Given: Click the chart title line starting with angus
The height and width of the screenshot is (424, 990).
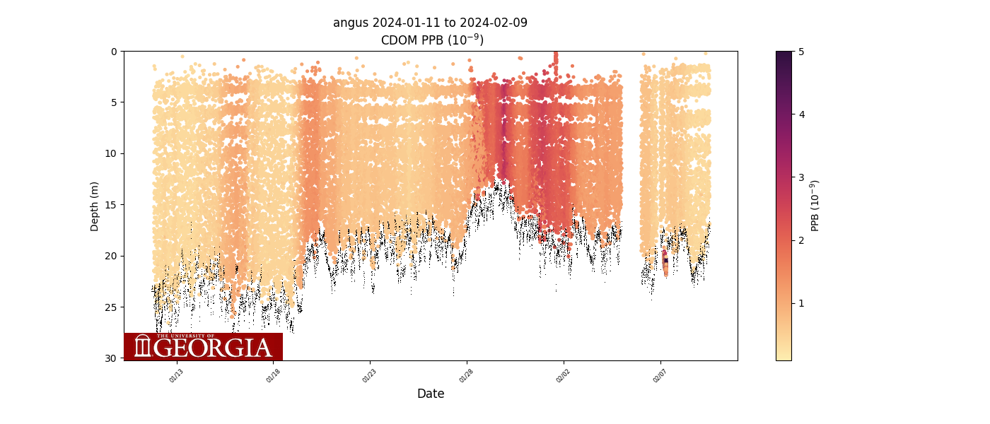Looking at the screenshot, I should point(430,23).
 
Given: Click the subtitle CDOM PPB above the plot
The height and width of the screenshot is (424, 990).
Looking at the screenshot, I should point(432,40).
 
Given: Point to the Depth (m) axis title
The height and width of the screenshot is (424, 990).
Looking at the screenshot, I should point(95,206).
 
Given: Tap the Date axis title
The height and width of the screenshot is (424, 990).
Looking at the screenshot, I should point(431,394).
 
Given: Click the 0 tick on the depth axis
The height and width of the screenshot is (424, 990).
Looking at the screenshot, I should point(114,52).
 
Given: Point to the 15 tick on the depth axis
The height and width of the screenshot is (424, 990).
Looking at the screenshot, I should point(112,205).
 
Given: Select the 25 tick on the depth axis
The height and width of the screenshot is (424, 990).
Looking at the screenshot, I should point(112,307).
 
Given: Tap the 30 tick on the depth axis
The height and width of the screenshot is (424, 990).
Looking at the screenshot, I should point(112,358).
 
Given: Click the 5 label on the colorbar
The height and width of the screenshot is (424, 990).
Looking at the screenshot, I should point(801,52).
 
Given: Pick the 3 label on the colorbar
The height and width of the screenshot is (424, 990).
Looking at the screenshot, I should point(801,177).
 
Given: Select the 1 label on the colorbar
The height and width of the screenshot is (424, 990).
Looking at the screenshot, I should point(801,302).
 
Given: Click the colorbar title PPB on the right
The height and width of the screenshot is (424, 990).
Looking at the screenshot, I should point(815,206).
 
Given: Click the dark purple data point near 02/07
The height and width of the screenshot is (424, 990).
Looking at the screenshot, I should point(665,261).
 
